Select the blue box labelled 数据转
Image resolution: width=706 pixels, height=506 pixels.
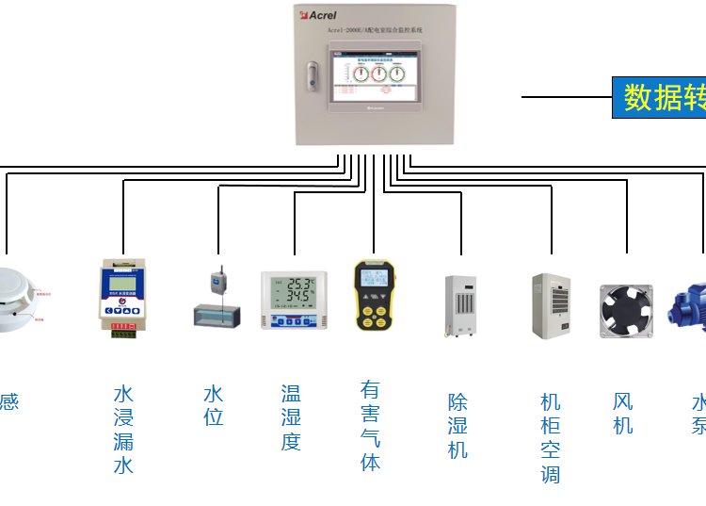click(659, 97)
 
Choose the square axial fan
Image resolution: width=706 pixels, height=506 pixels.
click(626, 310)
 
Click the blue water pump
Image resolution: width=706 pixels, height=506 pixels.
click(687, 306)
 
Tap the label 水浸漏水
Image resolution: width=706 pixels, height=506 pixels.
click(123, 430)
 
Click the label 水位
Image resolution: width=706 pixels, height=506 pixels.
click(214, 405)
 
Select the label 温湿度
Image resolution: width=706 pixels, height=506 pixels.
click(291, 416)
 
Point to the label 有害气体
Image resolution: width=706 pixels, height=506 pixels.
click(371, 426)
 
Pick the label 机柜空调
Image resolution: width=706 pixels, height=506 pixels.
click(551, 438)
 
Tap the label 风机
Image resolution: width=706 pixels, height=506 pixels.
click(623, 413)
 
